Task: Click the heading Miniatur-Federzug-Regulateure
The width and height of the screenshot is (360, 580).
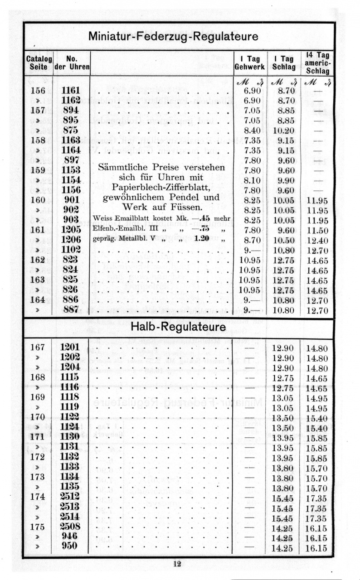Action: coord(174,36)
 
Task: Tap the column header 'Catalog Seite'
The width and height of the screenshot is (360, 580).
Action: coord(38,63)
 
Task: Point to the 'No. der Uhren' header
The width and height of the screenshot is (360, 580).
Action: coord(72,63)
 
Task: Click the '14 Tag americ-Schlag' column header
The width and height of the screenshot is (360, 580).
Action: coord(317,63)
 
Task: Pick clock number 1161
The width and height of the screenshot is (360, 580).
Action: coord(71,90)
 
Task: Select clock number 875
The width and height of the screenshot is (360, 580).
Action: coord(71,130)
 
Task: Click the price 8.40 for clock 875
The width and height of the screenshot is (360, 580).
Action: coord(251,130)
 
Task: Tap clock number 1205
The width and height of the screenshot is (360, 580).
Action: coord(71,230)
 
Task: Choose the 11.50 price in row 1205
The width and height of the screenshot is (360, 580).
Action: coord(317,230)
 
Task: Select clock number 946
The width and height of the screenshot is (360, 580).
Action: coord(71,537)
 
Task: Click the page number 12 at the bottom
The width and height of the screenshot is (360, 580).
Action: coord(177,564)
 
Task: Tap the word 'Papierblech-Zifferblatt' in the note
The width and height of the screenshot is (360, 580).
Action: coord(161,187)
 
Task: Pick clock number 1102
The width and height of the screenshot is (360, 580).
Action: coord(71,250)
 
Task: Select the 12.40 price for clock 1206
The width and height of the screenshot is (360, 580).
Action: coord(317,240)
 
